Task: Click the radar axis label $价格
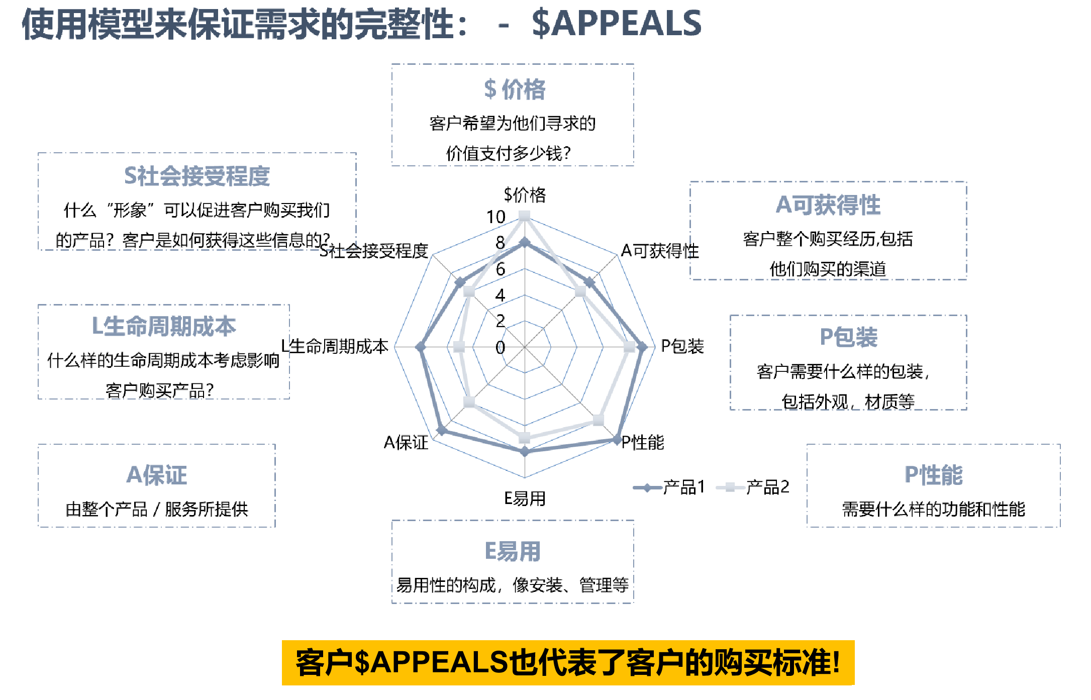pos(525,194)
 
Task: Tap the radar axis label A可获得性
pos(659,250)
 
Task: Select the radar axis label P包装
pos(682,346)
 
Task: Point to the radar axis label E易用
pos(525,498)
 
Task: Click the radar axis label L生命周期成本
pos(334,346)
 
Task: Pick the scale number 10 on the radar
pos(495,217)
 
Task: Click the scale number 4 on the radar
pos(500,295)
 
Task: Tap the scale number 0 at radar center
pos(500,347)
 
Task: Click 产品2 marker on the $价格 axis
pos(525,216)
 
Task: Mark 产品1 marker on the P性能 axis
pos(617,440)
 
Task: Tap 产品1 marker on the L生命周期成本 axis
pos(421,347)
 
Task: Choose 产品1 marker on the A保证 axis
pos(442,430)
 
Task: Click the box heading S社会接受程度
pos(196,176)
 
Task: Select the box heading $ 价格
pos(514,89)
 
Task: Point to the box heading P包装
pos(848,337)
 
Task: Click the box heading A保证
pos(157,475)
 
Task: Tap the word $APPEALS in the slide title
pos(616,24)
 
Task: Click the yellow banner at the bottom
pos(568,662)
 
